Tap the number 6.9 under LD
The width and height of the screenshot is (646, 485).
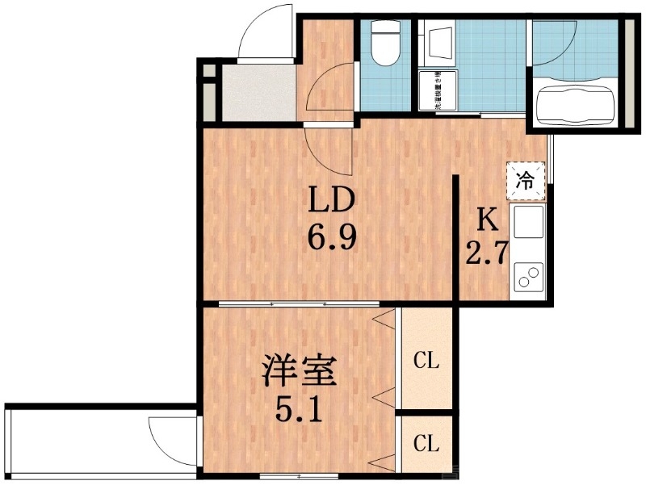click(x=330, y=238)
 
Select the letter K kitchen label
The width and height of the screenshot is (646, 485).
click(x=485, y=220)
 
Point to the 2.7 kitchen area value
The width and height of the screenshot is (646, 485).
click(x=485, y=253)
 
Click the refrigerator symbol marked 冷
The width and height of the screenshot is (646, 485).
click(x=526, y=181)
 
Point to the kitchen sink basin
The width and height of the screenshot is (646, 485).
click(x=530, y=221)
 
